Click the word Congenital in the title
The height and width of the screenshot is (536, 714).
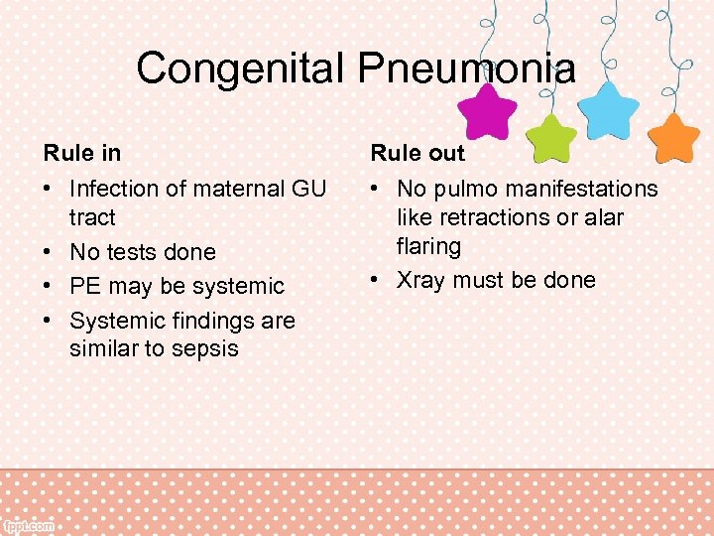click(241, 68)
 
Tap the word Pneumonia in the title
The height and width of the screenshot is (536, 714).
click(468, 68)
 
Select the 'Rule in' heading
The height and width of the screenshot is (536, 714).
click(82, 154)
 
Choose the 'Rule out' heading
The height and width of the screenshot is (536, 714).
click(417, 154)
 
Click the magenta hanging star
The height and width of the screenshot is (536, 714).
click(485, 111)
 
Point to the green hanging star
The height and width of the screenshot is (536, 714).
click(550, 136)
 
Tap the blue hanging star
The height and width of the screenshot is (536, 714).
click(607, 109)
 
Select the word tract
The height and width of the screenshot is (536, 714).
click(92, 217)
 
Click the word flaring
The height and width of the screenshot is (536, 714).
click(428, 246)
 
